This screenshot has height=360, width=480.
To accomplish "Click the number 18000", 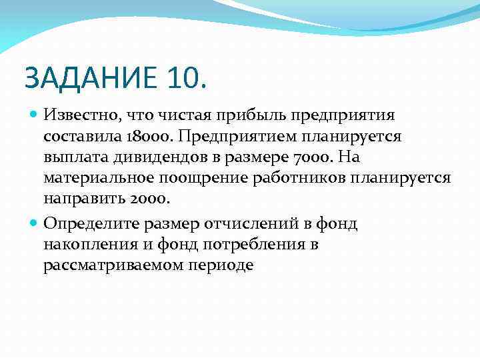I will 149,136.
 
